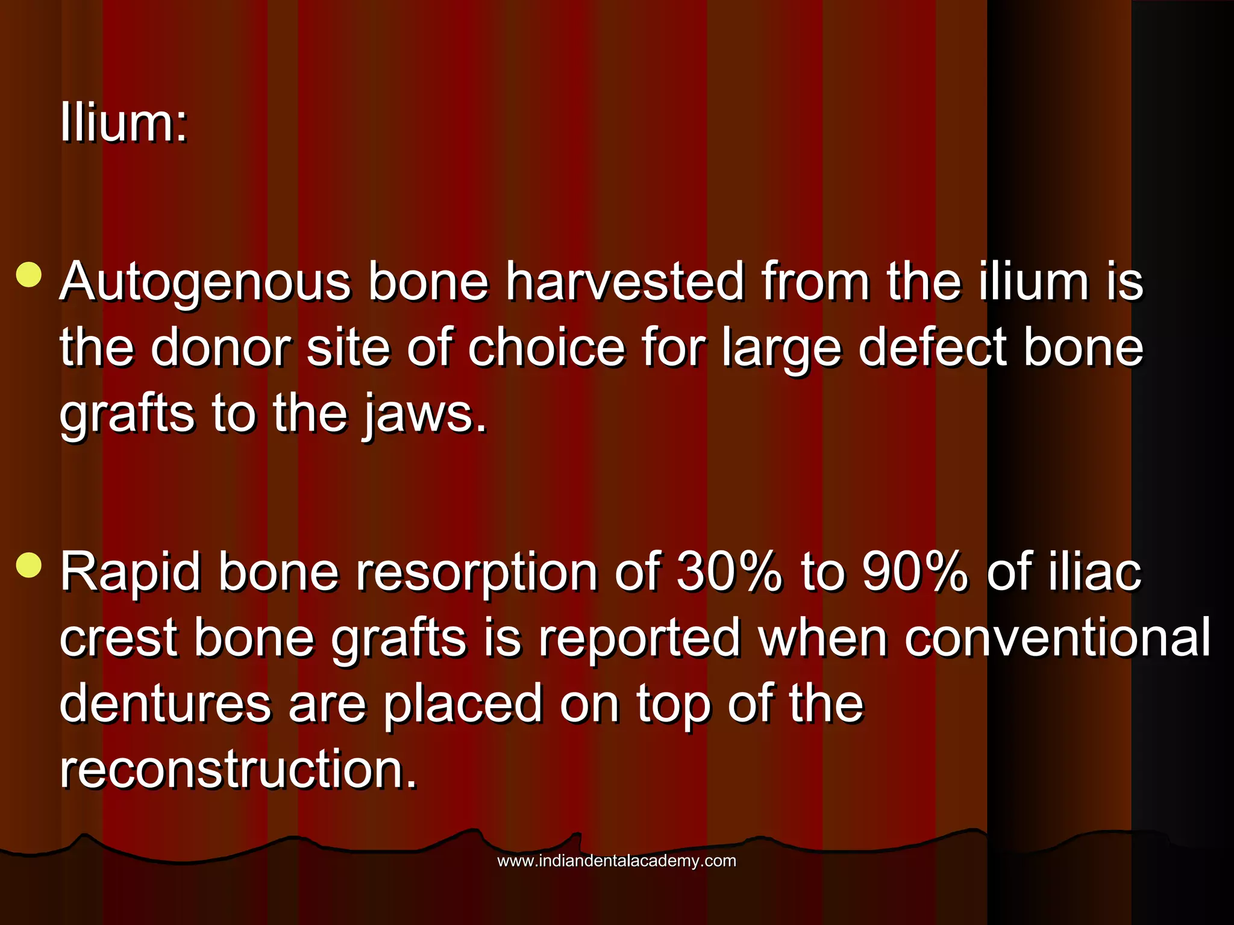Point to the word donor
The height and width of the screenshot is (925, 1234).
point(221,347)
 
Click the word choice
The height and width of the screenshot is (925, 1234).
point(546,347)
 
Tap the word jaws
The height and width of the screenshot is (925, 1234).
point(424,415)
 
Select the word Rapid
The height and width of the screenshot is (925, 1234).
point(130,573)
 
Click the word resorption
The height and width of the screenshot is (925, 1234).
point(476,573)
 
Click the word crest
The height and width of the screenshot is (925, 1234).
point(118,638)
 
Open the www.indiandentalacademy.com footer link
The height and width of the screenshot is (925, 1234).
point(616,861)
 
